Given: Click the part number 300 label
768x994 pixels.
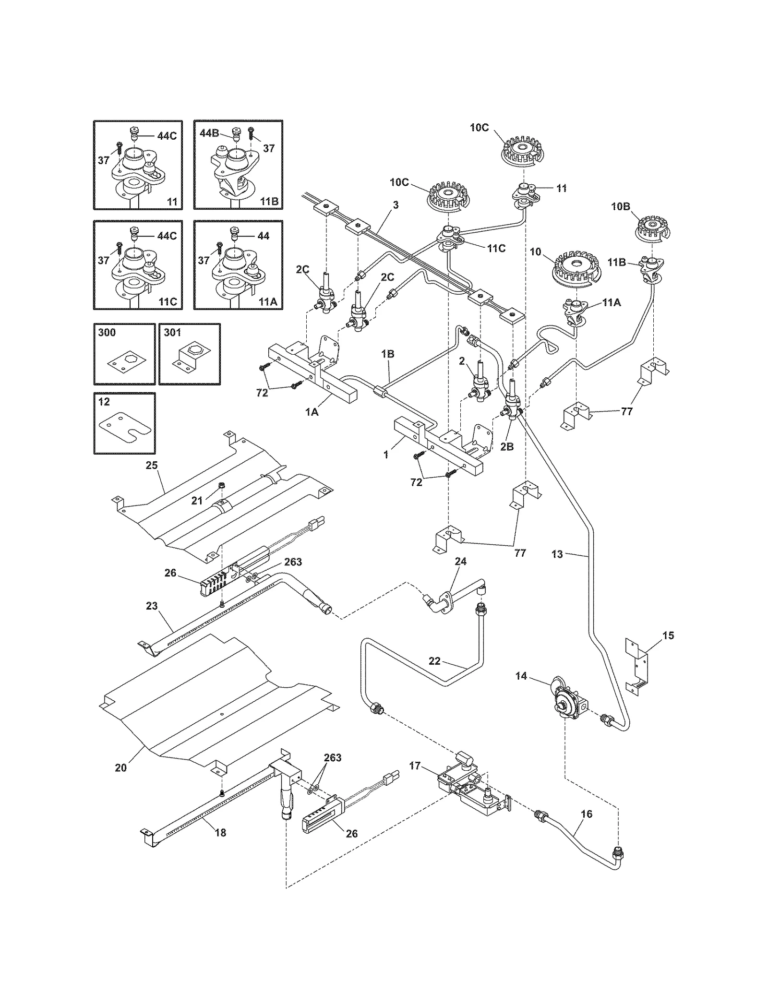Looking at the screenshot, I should (107, 333).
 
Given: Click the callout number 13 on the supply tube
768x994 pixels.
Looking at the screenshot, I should (557, 554).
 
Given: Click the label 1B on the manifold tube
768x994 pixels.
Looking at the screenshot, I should (388, 354).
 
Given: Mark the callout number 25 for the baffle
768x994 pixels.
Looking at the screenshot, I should (152, 465).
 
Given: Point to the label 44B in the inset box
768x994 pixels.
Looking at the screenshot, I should (209, 133).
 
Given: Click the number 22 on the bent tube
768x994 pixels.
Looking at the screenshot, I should (434, 661).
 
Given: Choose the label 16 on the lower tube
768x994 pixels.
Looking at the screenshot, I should (586, 814).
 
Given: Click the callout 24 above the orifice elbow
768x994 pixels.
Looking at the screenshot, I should (461, 561).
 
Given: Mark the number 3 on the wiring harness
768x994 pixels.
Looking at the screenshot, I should (396, 205).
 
